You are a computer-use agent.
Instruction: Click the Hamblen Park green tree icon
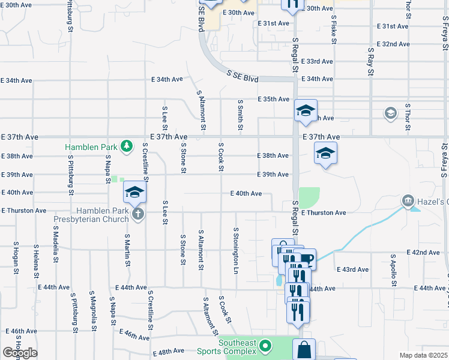[127, 146]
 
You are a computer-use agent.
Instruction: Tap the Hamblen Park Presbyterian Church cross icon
[138, 214]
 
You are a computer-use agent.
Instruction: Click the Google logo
[20, 353]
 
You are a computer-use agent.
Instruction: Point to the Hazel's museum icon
[408, 200]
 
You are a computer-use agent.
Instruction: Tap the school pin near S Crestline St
[135, 192]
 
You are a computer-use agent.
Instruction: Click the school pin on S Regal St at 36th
[306, 110]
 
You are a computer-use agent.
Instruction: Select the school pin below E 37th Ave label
[325, 154]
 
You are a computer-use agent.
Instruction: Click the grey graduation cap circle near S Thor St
[390, 113]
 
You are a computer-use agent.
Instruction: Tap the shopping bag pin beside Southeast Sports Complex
[304, 349]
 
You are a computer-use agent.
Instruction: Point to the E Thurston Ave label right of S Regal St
[324, 213]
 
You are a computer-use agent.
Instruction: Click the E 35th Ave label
[274, 99]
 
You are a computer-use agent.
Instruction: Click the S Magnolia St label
[94, 311]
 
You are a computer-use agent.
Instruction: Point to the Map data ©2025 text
[424, 355]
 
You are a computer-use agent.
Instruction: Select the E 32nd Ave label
[393, 44]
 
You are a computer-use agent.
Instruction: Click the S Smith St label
[240, 115]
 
